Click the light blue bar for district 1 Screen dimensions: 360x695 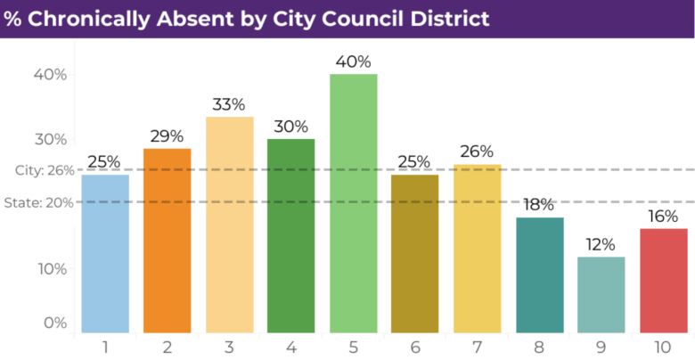[105, 254]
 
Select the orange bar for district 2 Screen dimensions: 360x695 [167, 241]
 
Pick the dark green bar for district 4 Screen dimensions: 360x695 [290, 236]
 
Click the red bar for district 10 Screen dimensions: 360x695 [663, 281]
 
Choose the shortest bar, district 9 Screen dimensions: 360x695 [601, 295]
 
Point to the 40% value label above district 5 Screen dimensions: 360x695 [353, 61]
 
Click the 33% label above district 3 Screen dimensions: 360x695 [228, 104]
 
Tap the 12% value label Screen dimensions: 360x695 [601, 244]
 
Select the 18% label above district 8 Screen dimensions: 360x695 [539, 205]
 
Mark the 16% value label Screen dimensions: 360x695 [663, 216]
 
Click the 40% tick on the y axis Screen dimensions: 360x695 [50, 75]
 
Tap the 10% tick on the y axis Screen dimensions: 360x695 [50, 269]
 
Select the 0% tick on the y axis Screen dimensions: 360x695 [54, 323]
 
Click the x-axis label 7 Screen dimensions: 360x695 [477, 346]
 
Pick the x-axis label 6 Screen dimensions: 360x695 [414, 346]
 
